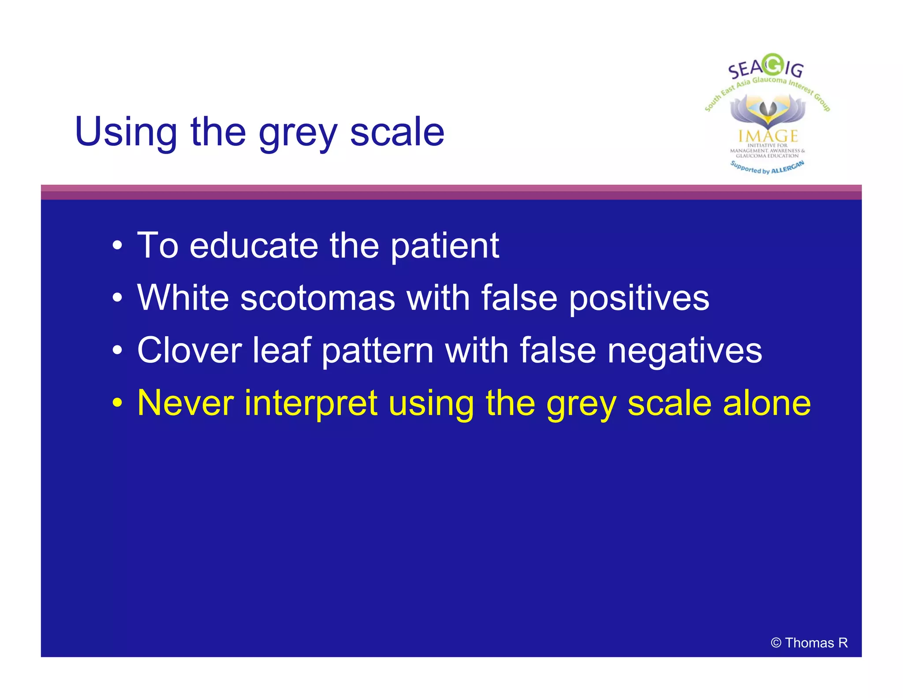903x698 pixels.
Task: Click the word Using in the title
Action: coord(126,132)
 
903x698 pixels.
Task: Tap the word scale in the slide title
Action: coord(397,132)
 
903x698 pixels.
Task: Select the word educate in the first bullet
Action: coord(254,246)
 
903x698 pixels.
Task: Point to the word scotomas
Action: coord(317,298)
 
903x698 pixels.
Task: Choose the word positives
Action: coord(639,298)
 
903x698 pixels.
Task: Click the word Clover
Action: coord(190,350)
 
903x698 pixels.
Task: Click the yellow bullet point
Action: coord(117,403)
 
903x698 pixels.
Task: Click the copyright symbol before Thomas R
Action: coord(776,643)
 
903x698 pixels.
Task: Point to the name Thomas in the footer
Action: coord(809,643)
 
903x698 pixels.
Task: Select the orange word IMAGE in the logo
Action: coord(768,136)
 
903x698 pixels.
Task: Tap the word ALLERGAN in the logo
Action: coord(787,168)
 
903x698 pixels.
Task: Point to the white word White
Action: coord(183,298)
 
